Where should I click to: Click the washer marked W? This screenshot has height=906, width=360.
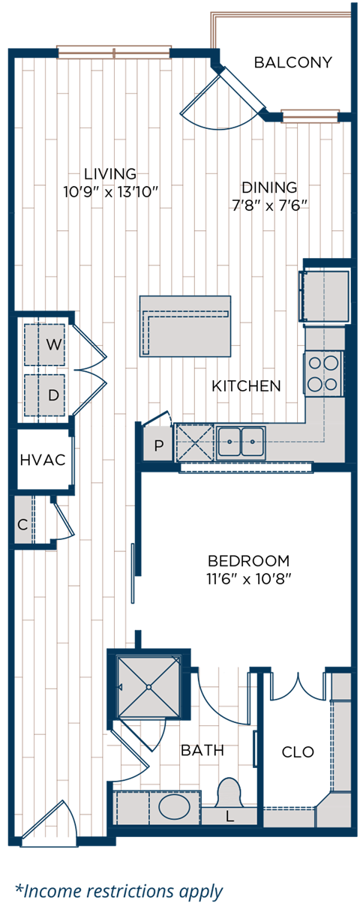click(46, 345)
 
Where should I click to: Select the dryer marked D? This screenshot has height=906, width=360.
click(46, 394)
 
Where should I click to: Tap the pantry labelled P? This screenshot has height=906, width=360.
click(158, 445)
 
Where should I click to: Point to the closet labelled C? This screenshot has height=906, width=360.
click(23, 524)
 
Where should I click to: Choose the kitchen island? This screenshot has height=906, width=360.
click(185, 325)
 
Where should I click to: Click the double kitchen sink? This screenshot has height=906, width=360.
click(241, 442)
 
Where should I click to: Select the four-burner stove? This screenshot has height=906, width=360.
click(324, 373)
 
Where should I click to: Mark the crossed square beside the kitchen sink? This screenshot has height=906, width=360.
click(194, 442)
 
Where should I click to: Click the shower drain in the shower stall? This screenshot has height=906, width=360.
click(148, 686)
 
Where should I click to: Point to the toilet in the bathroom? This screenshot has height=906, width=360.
click(228, 793)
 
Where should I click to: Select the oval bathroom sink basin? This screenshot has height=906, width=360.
click(175, 808)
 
